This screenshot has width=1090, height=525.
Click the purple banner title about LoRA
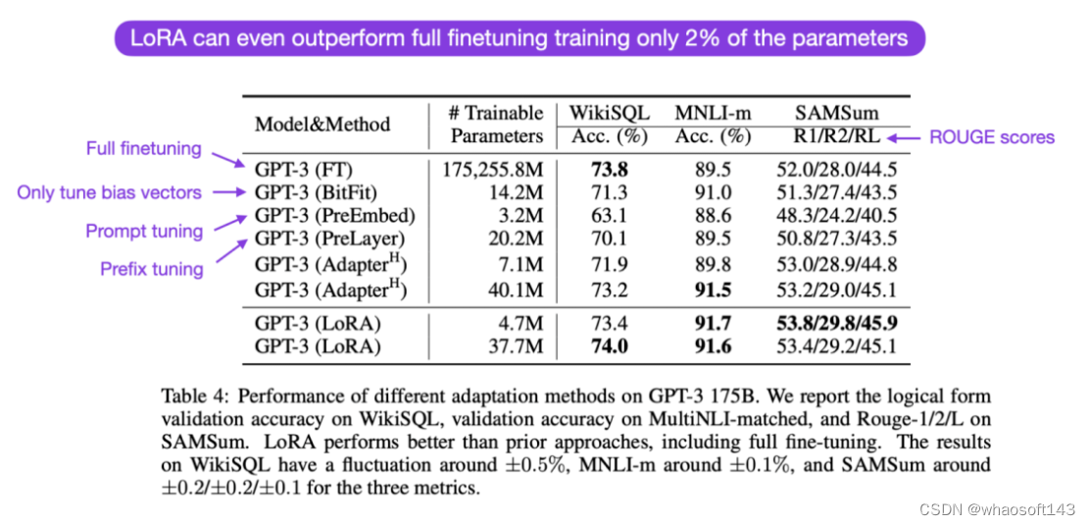[x=520, y=39]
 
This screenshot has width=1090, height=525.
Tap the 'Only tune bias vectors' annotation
[x=109, y=192]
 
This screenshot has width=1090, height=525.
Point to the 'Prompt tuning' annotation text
[x=144, y=232]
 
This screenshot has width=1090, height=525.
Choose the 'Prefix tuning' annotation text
[x=151, y=269]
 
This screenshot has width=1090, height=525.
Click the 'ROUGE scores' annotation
[x=991, y=136]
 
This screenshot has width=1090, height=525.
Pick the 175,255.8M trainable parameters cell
[x=489, y=169]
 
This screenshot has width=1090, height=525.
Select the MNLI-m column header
[x=713, y=112]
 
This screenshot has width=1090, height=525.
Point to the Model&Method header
[x=322, y=125]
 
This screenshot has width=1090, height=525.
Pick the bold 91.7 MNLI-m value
[x=713, y=323]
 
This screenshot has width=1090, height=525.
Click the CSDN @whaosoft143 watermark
[x=999, y=508]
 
